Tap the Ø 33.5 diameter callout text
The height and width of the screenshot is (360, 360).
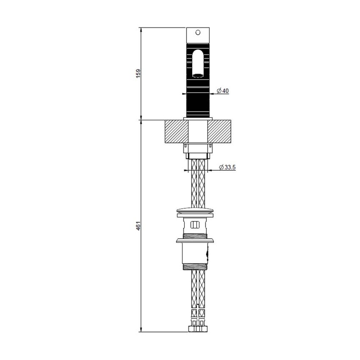point(227,167)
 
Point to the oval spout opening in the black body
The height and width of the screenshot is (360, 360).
point(197,64)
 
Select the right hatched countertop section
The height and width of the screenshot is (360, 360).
point(220,131)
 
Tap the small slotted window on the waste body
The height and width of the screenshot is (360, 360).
point(196,225)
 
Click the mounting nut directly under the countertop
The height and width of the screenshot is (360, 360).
point(197,148)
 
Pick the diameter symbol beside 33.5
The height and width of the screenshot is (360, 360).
point(222,167)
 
